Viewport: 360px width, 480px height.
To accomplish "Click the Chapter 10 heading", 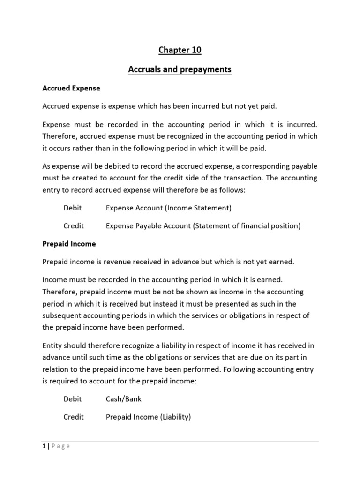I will (x=180, y=50).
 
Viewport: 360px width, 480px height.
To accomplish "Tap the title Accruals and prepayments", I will (x=180, y=69).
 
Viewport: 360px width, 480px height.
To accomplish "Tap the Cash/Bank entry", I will (x=124, y=399).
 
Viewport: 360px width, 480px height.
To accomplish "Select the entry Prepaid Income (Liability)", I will (x=148, y=417).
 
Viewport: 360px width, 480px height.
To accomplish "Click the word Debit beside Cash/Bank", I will (x=73, y=399).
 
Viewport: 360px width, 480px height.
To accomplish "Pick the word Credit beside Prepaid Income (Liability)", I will (x=74, y=417).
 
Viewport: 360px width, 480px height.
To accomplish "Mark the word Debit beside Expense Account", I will (x=73, y=208).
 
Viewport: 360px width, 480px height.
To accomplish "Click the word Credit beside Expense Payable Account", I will (x=74, y=225).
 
